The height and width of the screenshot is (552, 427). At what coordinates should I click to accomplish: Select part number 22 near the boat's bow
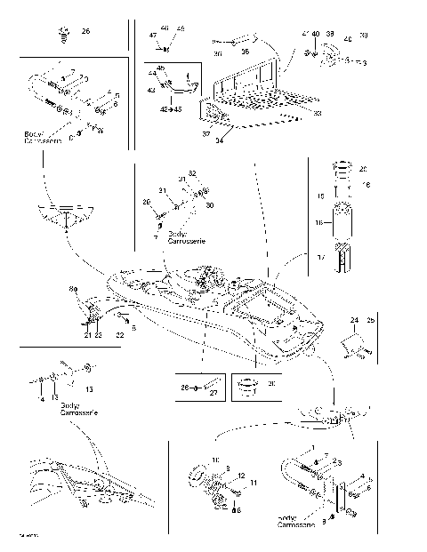click(x=120, y=335)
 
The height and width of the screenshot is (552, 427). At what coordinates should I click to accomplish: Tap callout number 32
click(x=191, y=172)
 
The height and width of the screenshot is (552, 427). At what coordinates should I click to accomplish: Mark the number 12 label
click(x=241, y=477)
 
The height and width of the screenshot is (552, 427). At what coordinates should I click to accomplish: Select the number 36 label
click(x=245, y=52)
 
